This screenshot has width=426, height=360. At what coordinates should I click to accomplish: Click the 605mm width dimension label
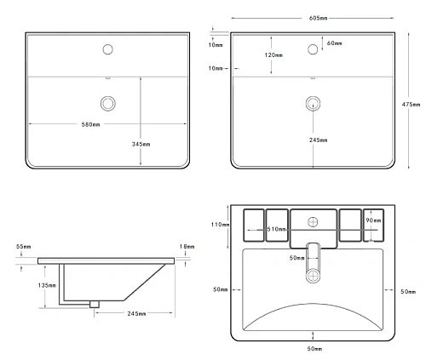click(x=318, y=18)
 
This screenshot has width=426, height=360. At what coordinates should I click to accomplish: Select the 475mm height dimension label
click(x=411, y=105)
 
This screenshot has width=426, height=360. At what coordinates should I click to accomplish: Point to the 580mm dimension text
click(x=90, y=124)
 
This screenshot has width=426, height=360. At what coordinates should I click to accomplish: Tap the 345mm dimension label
click(x=141, y=144)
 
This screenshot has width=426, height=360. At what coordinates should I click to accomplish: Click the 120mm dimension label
click(x=273, y=55)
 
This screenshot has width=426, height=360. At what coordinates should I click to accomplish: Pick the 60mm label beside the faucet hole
click(x=335, y=43)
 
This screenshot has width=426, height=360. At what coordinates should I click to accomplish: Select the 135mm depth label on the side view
click(x=47, y=285)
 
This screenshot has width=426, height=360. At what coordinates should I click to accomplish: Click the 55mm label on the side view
click(x=24, y=247)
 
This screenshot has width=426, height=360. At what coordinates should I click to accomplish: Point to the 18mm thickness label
click(x=187, y=247)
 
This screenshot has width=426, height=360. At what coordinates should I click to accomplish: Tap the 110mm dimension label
click(x=220, y=225)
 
